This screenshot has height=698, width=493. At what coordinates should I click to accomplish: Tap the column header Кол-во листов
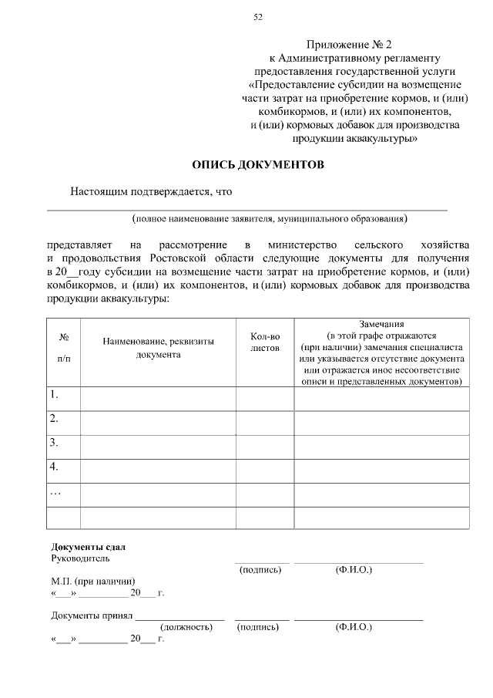265,342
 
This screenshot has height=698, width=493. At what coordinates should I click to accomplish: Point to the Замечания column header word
381,324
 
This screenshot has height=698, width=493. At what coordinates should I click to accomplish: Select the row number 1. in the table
55,395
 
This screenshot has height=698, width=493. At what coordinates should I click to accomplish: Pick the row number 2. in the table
55,419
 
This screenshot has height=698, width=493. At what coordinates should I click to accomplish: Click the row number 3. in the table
55,443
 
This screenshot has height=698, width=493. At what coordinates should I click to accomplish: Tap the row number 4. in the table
55,467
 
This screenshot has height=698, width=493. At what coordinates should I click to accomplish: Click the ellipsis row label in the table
55,491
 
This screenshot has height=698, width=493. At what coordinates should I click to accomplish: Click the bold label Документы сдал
82,547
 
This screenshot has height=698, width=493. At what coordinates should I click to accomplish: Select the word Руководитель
80,558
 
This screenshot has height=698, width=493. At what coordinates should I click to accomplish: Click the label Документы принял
92,616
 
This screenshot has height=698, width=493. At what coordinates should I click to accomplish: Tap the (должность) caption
186,628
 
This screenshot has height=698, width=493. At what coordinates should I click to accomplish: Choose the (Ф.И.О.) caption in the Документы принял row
354,628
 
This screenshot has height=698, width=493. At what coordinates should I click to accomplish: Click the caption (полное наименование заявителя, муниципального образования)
269,219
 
